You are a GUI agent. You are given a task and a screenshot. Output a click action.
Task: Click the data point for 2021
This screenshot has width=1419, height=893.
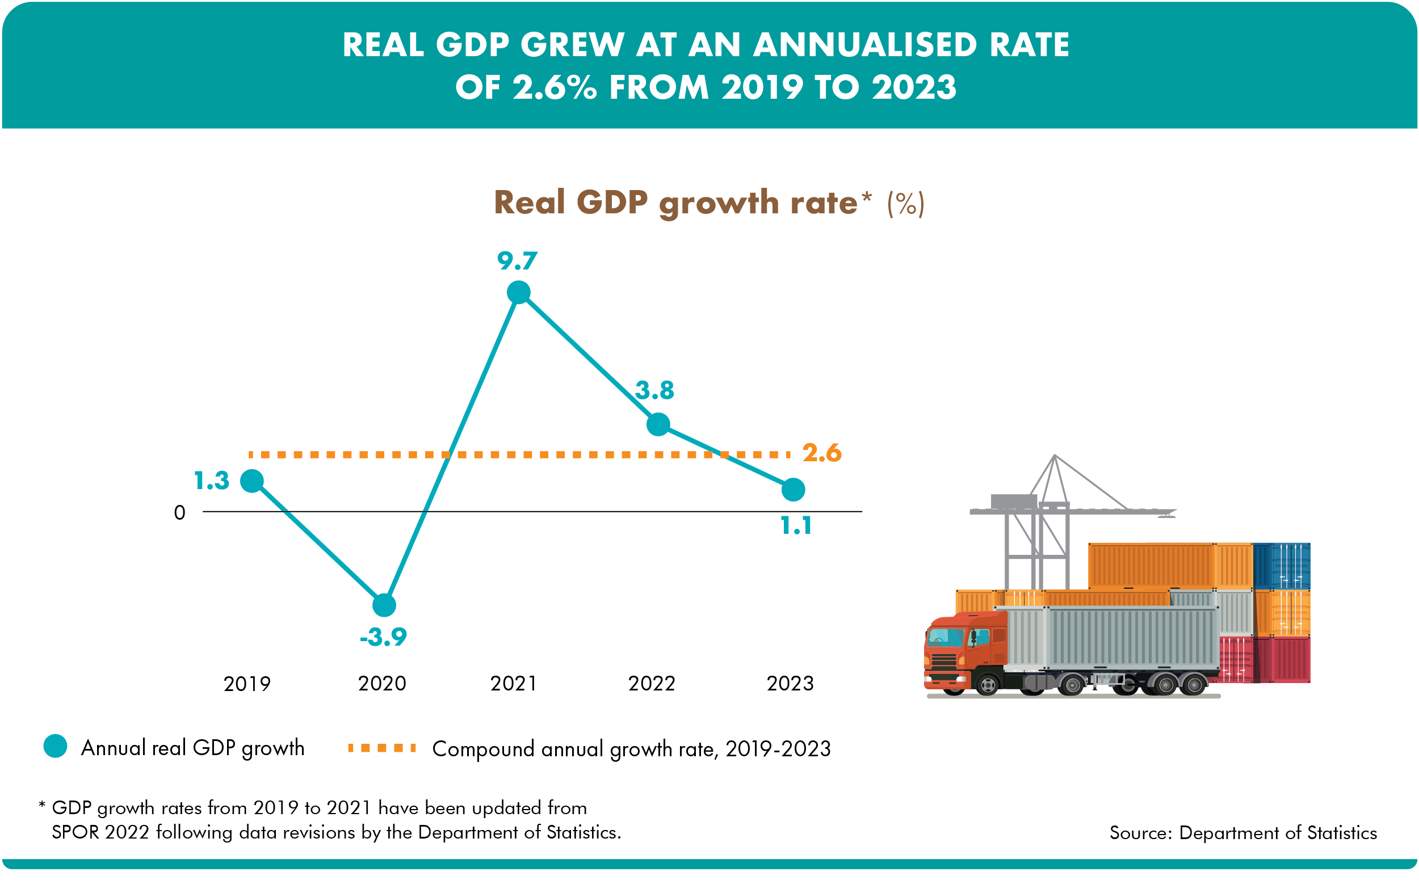click(519, 292)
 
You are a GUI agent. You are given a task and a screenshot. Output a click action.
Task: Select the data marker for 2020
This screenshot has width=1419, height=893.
click(384, 605)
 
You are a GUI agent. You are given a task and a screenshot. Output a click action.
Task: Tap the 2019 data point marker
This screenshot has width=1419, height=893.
click(252, 481)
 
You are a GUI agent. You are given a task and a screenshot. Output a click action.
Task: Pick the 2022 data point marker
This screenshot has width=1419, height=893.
click(658, 424)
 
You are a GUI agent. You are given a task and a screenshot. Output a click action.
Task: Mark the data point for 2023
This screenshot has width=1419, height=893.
click(793, 490)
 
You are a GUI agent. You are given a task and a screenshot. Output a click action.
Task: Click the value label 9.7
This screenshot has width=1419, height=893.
click(518, 261)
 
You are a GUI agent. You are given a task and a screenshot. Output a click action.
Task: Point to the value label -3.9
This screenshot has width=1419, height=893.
click(384, 637)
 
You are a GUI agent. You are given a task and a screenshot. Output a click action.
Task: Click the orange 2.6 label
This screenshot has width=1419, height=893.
click(822, 453)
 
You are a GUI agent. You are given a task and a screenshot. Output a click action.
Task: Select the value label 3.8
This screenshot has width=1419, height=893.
click(654, 390)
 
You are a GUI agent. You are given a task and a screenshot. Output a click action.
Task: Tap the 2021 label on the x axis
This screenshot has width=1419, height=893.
click(514, 683)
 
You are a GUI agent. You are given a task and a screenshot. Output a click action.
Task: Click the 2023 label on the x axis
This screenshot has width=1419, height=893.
click(790, 683)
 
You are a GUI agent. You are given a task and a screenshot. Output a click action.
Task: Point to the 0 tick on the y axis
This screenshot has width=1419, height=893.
click(180, 512)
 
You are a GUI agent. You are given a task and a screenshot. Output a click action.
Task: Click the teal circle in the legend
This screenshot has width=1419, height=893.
click(56, 745)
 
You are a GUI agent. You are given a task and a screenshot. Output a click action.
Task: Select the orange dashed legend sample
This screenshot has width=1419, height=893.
click(382, 748)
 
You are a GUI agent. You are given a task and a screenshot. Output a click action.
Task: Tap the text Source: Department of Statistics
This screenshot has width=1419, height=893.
click(1244, 832)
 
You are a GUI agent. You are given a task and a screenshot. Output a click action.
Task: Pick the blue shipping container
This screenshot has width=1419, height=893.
click(1282, 566)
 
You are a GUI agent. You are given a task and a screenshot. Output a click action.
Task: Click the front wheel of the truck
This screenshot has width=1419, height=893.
click(988, 684)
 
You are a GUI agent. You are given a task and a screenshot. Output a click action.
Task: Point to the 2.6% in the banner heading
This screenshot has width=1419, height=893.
click(555, 87)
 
